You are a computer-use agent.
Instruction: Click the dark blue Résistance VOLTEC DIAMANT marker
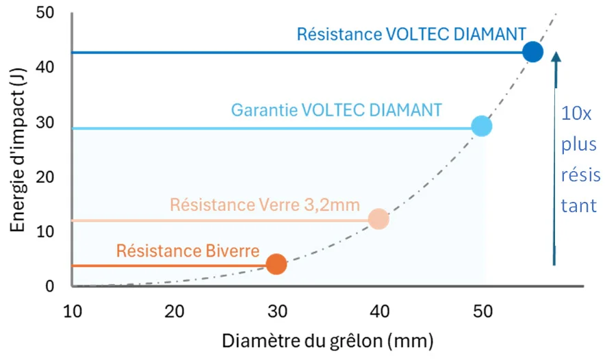pos(532,52)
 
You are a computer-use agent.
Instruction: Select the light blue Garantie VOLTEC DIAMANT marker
pos(482,126)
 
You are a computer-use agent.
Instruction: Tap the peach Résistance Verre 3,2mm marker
pos(378,219)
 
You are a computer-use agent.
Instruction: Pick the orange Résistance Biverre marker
pos(276,264)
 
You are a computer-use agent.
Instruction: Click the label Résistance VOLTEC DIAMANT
pos(411,34)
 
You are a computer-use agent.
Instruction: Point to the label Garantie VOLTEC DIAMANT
pos(336,109)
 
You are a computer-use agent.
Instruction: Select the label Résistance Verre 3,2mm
pos(265,204)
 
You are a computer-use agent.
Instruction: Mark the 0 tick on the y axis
pos(59,286)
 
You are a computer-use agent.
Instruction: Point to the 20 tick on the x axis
pos(175,311)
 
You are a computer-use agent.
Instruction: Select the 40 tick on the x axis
pos(380,311)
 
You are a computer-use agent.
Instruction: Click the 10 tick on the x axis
pos(73,311)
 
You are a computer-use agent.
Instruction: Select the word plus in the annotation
pos(577,144)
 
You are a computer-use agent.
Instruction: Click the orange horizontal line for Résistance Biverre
pos(171,265)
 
